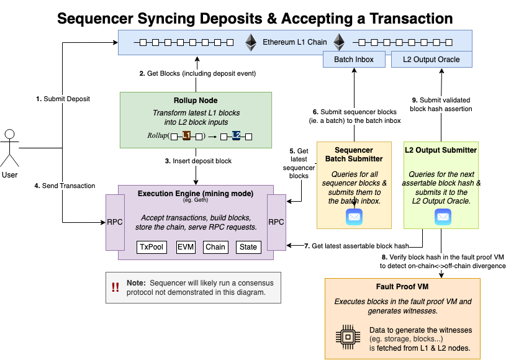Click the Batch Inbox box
coord(354,60)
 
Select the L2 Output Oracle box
coord(431,60)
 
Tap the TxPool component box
coord(151,247)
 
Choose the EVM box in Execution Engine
coord(186,247)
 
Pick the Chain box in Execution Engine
coord(215,247)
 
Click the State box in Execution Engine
coord(248,247)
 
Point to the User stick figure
coord(10,148)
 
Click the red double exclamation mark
coord(115,287)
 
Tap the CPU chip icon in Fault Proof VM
coord(348,337)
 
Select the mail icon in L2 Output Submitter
coord(443,217)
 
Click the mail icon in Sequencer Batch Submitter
coord(355,217)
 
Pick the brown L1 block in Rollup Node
coord(186,135)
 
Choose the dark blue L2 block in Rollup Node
coord(236,135)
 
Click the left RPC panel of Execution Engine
coord(115,222)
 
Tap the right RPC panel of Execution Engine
coord(276,222)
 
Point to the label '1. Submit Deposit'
coord(63,99)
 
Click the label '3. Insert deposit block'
coord(198,161)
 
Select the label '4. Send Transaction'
coord(65,186)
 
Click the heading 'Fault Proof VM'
coord(402,287)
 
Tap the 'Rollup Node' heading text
coord(196,101)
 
